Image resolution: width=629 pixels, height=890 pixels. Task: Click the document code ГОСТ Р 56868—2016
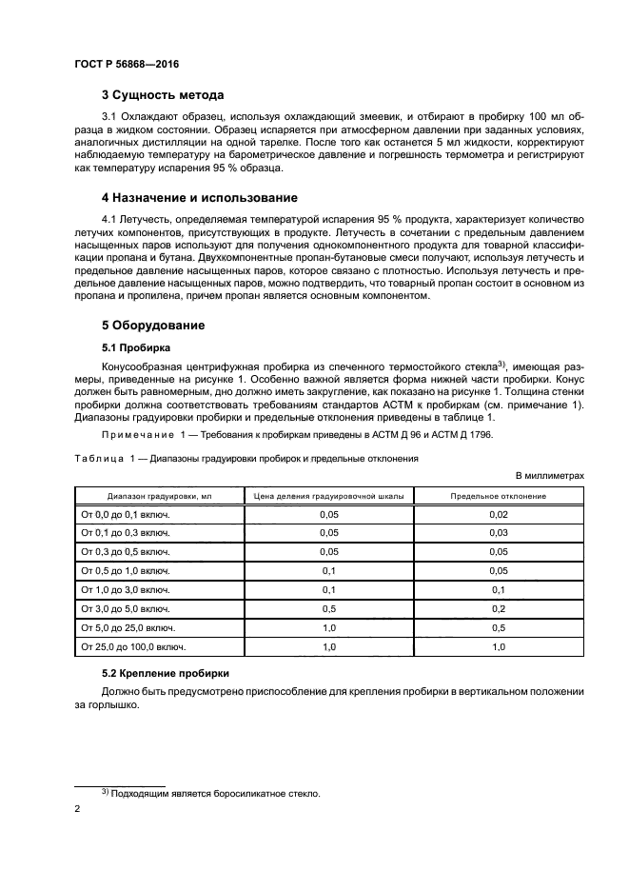pos(126,64)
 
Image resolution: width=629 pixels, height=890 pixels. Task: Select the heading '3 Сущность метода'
pos(163,95)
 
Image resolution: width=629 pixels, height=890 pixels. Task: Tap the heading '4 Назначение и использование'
pos(200,198)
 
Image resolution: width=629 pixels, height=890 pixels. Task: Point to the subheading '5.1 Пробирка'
pos(137,347)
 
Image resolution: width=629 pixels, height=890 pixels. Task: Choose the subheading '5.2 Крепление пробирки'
pos(165,673)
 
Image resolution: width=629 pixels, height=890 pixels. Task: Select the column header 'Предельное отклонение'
pos(498,496)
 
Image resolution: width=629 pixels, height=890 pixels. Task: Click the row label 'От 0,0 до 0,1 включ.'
pos(126,514)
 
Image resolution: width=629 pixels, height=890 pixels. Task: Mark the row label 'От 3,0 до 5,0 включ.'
pos(126,608)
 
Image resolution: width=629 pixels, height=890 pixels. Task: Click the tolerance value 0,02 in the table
pos(498,514)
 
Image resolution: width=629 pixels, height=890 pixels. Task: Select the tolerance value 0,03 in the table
pos(498,533)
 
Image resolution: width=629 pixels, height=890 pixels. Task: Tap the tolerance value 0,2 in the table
pos(498,608)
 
